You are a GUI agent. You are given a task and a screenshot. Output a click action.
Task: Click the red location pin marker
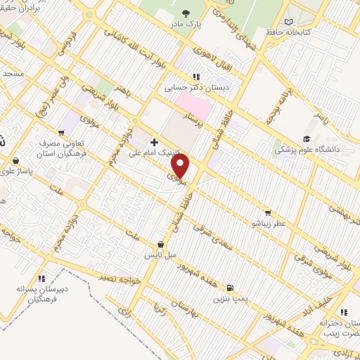pos(181,166)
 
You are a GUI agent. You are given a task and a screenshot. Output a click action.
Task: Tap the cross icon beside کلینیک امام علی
pos(154,142)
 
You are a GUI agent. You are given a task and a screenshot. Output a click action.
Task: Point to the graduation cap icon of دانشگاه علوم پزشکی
pos(307,139)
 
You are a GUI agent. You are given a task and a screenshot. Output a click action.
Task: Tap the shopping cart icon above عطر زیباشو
pos(267,213)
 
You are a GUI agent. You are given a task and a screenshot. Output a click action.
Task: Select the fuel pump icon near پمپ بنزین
pos(229,288)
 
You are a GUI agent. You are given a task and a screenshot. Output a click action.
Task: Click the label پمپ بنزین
pos(230,298)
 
